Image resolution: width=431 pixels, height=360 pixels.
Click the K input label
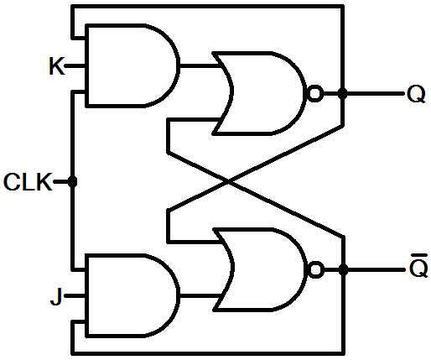click(57, 66)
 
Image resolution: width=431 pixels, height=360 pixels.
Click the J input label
click(56, 296)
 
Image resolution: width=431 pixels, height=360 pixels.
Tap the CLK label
click(28, 182)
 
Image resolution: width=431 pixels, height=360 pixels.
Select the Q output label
click(416, 94)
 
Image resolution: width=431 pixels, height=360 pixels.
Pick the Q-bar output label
click(418, 266)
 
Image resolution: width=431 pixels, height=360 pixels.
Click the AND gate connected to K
click(132, 65)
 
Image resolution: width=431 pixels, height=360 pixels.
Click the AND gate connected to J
click(132, 295)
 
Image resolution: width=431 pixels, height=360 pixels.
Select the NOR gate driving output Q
click(260, 93)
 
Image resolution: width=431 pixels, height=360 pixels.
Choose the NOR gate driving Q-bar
click(261, 269)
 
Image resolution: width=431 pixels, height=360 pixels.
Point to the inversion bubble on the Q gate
click(315, 93)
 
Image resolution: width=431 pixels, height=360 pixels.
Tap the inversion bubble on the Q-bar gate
click(315, 269)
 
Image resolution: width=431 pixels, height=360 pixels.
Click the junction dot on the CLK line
click(72, 182)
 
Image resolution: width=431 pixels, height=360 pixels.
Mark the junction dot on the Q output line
click(342, 93)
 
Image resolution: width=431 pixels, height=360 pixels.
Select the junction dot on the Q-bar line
click(343, 269)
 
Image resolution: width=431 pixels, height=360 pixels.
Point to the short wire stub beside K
click(75, 66)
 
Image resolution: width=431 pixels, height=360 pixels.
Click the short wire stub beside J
click(75, 295)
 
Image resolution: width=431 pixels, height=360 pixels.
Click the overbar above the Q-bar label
click(418, 255)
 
